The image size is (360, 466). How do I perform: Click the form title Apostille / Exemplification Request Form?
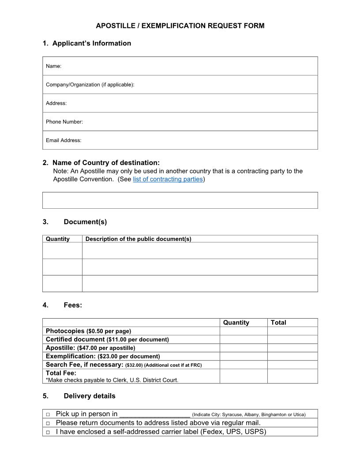[x=180, y=26]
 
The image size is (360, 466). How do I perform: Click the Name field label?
[x=53, y=66]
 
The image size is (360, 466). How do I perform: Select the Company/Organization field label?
[x=90, y=85]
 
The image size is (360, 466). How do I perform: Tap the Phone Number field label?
[x=64, y=122]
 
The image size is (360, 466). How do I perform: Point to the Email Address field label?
[x=64, y=140]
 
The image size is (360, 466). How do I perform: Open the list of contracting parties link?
[x=168, y=179]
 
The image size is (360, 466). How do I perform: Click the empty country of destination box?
[x=180, y=200]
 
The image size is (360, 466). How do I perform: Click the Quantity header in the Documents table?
[x=58, y=239]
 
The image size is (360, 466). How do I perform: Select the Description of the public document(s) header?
[x=138, y=239]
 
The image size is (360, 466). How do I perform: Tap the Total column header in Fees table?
[x=278, y=323]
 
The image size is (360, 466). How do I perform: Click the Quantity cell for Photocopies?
[x=244, y=331]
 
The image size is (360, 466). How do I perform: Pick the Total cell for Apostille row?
[x=292, y=348]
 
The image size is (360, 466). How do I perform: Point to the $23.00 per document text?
[x=128, y=356]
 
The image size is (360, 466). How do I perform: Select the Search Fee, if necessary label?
[x=84, y=365]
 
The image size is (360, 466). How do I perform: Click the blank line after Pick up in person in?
[x=154, y=414]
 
